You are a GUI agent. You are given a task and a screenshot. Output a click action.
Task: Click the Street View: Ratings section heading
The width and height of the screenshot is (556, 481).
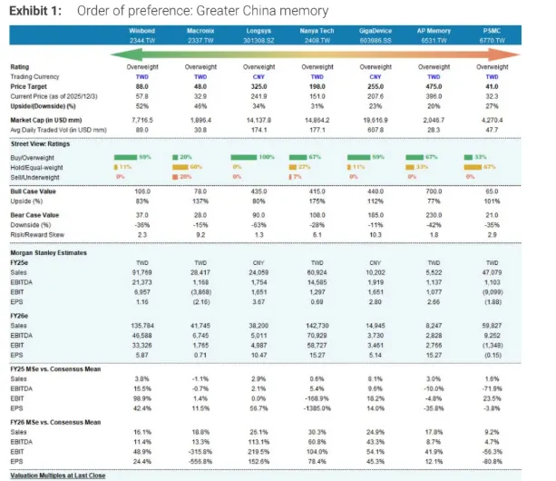[41, 143]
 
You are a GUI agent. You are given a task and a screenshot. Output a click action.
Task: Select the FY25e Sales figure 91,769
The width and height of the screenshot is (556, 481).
[141, 272]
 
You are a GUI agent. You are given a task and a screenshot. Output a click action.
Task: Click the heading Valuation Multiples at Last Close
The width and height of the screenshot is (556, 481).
[63, 475]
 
